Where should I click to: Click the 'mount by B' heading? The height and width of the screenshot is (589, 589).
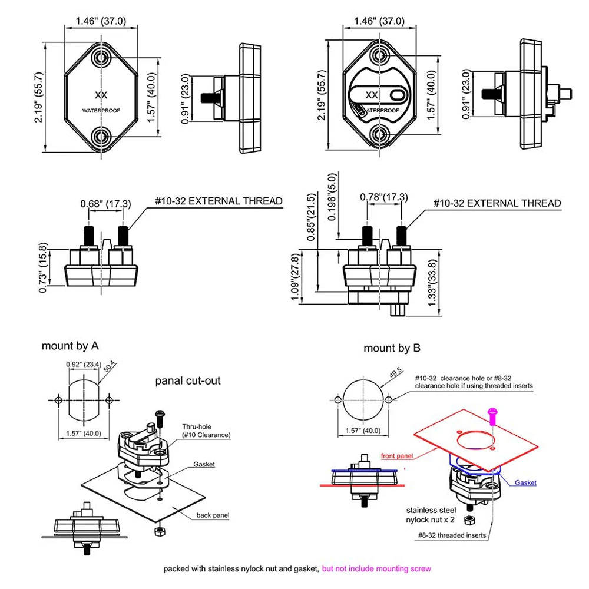[x=392, y=348]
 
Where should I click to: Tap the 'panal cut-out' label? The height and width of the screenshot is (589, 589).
[x=187, y=380]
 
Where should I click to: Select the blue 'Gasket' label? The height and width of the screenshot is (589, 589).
[x=525, y=483]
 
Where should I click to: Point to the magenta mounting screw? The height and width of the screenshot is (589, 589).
[x=493, y=415]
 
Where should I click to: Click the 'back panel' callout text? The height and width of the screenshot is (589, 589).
[x=213, y=515]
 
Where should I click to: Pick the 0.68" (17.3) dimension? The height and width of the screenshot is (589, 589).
[x=106, y=204]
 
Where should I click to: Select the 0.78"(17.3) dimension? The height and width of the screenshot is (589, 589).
[x=383, y=197]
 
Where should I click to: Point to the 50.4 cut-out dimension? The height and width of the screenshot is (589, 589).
[x=110, y=368]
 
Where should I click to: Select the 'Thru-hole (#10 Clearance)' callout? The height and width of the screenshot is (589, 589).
[x=206, y=430]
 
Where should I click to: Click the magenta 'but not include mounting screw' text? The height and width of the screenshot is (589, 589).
[x=376, y=568]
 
